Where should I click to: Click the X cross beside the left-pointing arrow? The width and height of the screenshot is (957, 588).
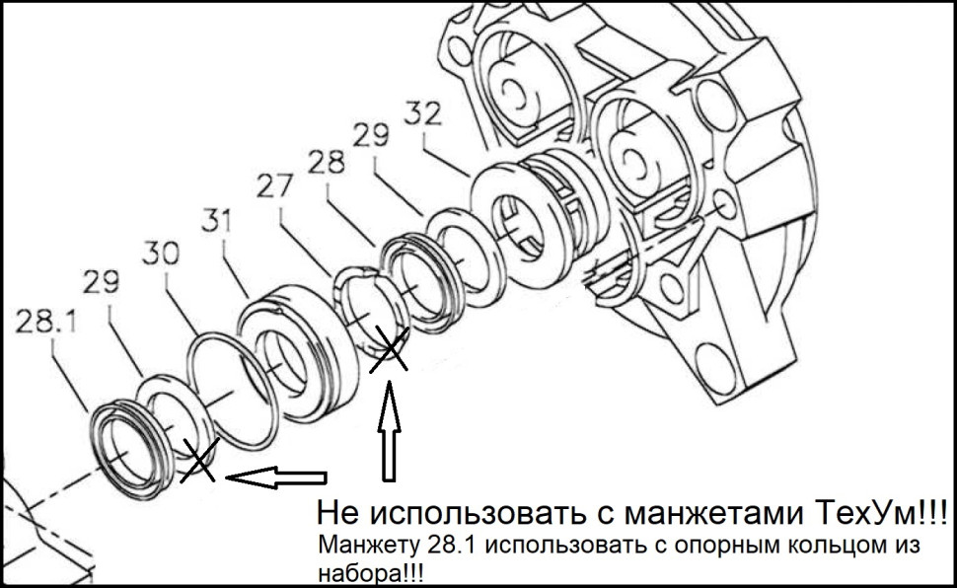198,462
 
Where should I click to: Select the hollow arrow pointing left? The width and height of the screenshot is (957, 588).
276,478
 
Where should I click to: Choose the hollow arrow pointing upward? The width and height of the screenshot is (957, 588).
390,434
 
